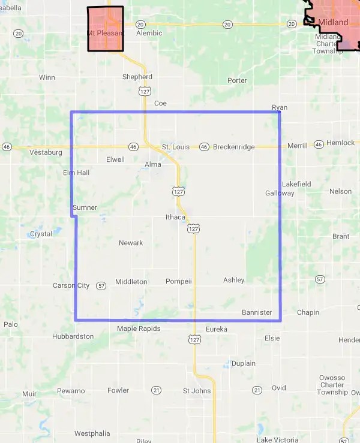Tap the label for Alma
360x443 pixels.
pos(153,164)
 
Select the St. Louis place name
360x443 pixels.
pos(175,147)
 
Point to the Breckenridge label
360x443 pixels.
pos(234,147)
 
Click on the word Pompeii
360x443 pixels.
pos(178,281)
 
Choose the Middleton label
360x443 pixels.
pos(131,282)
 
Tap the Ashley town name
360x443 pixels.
pos(234,280)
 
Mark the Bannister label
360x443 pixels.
pos(257,312)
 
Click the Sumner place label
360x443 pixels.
pos(85,207)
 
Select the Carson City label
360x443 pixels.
pos(71,285)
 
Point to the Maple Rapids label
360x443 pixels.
pos(139,329)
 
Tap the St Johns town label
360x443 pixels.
pos(197,391)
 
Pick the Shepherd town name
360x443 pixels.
pos(137,77)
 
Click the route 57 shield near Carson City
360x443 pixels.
pos(101,285)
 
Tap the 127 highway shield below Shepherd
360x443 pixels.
pos(144,91)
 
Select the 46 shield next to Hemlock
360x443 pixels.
pos(319,144)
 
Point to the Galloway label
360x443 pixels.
pos(280,193)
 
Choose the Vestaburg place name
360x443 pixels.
pos(46,152)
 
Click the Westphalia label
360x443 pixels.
pos(92,433)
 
